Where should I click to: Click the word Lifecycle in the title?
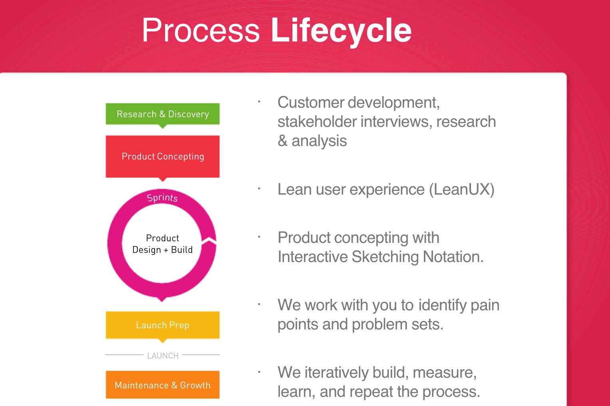pos(341,31)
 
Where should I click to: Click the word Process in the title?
pos(201,30)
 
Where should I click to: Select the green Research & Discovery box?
pos(163,114)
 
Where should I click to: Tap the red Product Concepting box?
pos(163,156)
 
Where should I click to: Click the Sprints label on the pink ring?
pos(162,198)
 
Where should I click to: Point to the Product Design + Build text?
pos(162,244)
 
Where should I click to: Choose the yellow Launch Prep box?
pos(163,325)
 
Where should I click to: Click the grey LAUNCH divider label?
pos(163,356)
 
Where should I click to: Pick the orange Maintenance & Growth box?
pos(163,385)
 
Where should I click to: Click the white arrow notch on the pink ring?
pos(210,241)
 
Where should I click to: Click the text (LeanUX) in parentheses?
pos(461,189)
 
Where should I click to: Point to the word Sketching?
pos(385,257)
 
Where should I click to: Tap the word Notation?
pos(453,257)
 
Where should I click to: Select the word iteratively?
pos(336,372)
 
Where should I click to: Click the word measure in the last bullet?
pos(445,373)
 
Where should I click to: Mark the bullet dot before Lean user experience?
pos(259,189)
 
